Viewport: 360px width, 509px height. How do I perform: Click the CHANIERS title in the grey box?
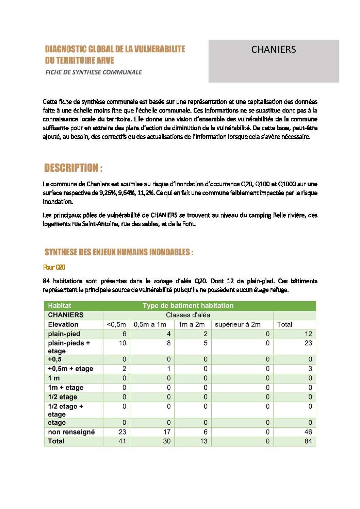274,50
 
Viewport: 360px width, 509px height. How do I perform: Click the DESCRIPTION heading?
73,168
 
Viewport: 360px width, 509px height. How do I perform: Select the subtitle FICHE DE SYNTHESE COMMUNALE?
94,72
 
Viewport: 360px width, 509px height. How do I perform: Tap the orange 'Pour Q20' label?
54,267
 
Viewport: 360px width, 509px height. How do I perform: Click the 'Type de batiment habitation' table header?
188,306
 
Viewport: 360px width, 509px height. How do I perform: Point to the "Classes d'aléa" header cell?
188,315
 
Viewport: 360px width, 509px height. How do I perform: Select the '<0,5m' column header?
116,324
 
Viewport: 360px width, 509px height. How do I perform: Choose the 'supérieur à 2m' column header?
238,324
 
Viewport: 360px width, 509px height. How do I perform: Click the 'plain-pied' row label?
64,334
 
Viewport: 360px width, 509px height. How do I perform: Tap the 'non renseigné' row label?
71,432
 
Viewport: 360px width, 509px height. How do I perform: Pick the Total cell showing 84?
308,441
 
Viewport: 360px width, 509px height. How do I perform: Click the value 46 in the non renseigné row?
308,432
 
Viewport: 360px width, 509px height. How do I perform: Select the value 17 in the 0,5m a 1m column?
167,432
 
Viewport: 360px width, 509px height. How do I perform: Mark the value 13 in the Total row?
203,441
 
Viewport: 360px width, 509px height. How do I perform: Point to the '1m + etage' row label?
65,387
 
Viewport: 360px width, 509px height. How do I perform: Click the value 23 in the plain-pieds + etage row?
308,343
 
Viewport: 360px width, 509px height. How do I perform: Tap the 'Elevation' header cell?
63,324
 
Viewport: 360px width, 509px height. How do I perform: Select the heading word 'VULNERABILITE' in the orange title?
160,49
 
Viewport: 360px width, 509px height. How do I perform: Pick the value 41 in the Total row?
122,441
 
